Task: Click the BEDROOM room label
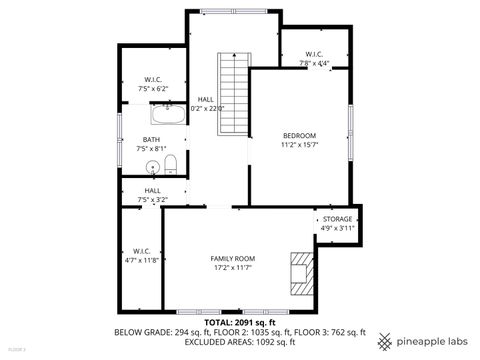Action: pyautogui.click(x=299, y=135)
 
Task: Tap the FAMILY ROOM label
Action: pyautogui.click(x=232, y=259)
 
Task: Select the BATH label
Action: pyautogui.click(x=151, y=139)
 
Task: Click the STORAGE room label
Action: pyautogui.click(x=337, y=219)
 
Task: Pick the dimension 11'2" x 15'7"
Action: pyautogui.click(x=299, y=145)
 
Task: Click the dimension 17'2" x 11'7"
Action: pyautogui.click(x=232, y=268)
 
